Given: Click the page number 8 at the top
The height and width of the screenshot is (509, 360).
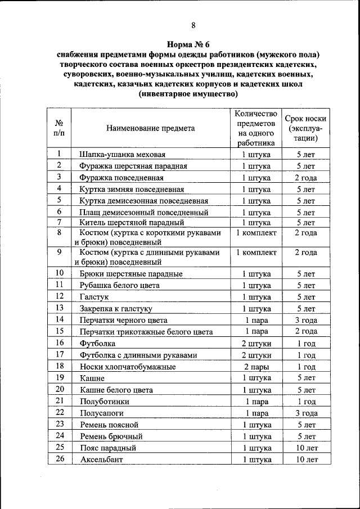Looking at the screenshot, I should tap(193, 24).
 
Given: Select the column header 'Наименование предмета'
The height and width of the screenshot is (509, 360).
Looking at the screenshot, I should tap(150, 128).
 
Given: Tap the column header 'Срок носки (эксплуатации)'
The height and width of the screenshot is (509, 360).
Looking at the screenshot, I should tap(305, 128).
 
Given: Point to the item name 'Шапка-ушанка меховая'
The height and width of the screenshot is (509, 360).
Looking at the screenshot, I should tap(122, 154).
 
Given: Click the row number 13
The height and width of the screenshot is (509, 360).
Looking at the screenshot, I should tap(59, 308).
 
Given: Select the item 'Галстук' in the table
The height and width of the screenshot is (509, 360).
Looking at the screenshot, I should tap(94, 296).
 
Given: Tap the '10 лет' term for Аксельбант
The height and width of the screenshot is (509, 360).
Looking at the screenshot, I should tap(305, 460).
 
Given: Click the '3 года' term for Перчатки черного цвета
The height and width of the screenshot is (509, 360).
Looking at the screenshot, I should tap(305, 320).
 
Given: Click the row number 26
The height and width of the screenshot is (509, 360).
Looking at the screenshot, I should tap(59, 459).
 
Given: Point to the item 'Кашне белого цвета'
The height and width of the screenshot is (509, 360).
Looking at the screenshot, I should tap(116, 390).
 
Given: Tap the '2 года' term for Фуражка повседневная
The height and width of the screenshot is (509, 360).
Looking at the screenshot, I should tap(305, 178).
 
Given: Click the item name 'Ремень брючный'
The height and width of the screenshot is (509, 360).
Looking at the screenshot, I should tap(111, 436).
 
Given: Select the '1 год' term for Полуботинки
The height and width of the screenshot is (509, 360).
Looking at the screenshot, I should tap(305, 402).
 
